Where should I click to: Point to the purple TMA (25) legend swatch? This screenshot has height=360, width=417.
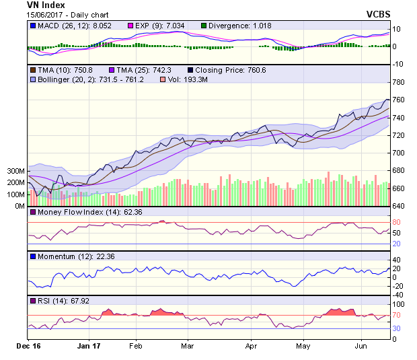point(104,69)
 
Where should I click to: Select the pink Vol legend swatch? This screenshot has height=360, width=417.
point(161,80)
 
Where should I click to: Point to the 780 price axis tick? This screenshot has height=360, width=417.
point(398,82)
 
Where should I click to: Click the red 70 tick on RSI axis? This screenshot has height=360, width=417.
point(397,315)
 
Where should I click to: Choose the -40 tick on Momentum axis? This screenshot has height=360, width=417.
point(397,295)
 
